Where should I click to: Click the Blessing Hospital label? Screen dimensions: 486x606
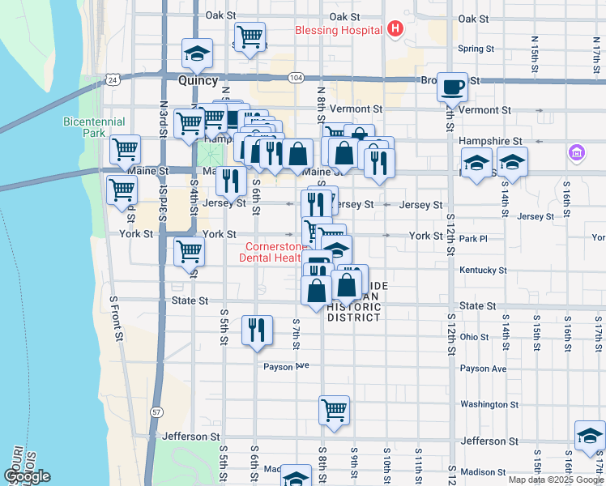coord(339,31)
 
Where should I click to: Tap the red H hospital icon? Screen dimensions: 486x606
coord(395,31)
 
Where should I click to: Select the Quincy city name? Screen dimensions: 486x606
coord(198,81)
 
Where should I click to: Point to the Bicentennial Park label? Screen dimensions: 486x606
coord(94,127)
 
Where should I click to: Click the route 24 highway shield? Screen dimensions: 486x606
coord(111,79)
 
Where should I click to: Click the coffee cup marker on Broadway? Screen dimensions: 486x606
coord(452,86)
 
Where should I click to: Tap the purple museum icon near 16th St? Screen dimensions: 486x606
coord(577,151)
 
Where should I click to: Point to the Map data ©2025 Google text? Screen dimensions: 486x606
coord(556,480)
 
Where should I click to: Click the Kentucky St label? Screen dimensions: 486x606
coord(483,270)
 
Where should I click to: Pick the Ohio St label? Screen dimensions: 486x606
coord(475,336)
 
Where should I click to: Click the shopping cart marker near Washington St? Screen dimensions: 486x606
coord(334,411)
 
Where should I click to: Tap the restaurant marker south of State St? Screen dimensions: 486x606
coord(257,330)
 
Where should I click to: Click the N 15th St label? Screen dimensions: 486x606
coord(536,51)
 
